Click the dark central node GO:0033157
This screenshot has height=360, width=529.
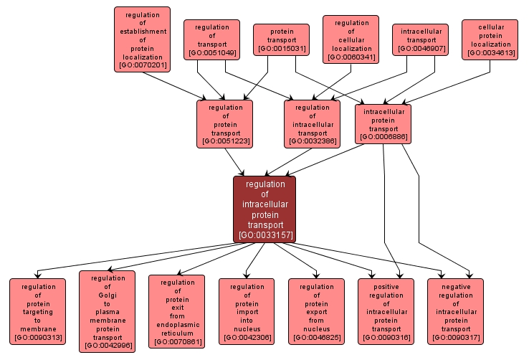[264, 209]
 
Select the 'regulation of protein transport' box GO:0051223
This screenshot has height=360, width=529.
[225, 124]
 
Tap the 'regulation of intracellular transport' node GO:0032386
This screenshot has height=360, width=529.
[312, 124]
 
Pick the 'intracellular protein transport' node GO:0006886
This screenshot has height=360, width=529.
[383, 123]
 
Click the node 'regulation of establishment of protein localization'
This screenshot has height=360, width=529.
[142, 40]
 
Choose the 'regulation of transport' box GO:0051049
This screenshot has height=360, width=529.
[211, 39]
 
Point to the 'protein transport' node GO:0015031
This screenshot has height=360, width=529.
[281, 40]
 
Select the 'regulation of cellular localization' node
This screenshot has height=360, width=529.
[351, 39]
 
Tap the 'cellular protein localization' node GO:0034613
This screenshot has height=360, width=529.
[490, 39]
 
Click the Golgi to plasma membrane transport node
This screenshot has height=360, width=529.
[108, 312]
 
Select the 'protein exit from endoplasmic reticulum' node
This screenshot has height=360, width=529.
[176, 311]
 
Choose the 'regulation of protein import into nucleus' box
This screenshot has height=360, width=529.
[246, 312]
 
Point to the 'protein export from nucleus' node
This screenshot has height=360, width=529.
[316, 312]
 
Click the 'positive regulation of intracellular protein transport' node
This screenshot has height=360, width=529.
[386, 312]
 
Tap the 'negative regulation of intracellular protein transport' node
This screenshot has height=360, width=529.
[455, 312]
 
